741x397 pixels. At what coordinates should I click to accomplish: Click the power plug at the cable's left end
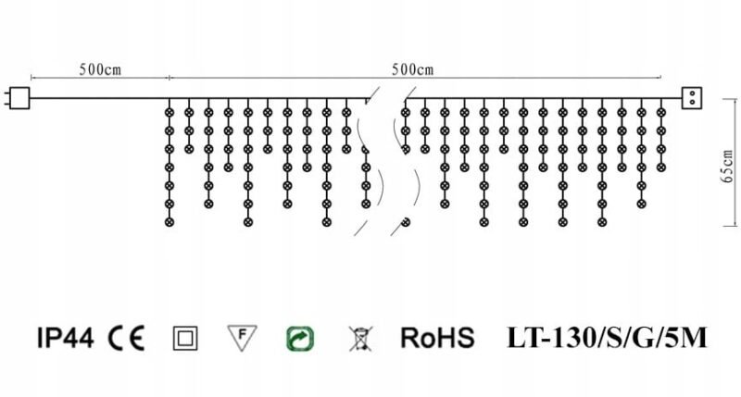coord(19,98)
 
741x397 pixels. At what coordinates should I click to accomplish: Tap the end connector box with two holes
coord(692,98)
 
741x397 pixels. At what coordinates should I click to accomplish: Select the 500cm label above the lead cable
coord(100,69)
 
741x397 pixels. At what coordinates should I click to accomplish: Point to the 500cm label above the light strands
coord(412,69)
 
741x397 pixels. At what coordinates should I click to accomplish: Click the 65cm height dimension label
coord(728,167)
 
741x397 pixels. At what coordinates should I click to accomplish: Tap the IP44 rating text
coord(65,338)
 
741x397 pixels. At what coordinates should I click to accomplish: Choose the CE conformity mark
coord(126,338)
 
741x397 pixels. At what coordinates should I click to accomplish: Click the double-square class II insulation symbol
coord(185,339)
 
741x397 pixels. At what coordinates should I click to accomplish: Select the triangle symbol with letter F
coord(242,338)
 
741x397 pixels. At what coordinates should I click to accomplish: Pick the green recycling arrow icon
coord(300,339)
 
